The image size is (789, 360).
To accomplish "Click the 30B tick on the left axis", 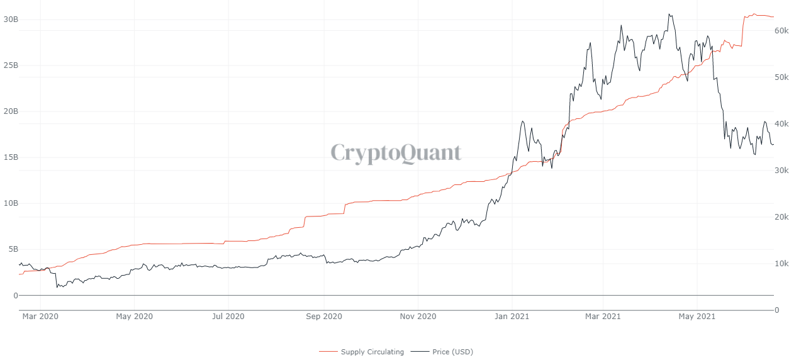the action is [11, 20].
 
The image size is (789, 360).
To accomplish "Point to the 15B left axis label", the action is [11, 157].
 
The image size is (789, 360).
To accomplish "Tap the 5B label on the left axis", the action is [13, 249].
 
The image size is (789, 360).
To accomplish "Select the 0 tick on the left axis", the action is [16, 296].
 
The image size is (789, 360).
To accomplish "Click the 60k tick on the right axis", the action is [781, 31].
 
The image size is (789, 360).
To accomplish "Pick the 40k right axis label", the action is [781, 123].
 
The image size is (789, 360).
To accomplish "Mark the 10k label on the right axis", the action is [781, 264].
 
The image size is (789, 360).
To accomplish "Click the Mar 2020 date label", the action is [40, 317].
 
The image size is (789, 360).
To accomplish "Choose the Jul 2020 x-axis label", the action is [228, 317].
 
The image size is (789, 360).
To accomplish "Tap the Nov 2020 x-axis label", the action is [418, 317].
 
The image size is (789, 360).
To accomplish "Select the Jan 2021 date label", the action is [512, 317].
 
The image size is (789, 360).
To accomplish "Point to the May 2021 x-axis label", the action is [697, 317].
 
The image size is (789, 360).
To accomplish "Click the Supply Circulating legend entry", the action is [361, 352].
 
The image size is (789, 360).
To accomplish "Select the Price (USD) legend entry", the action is [442, 352].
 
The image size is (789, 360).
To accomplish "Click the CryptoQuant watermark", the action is [396, 153].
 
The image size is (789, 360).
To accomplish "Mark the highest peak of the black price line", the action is [669, 14].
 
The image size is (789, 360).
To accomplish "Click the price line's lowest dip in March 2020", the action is [57, 287].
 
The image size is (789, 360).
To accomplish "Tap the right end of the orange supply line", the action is [773, 16].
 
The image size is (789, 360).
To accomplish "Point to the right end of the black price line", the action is [773, 144].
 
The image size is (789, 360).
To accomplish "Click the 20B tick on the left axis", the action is [11, 111].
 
